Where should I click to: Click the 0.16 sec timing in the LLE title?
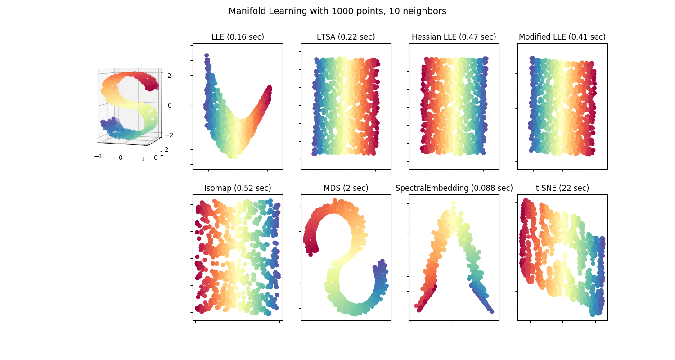247,37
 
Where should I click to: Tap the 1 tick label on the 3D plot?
143,158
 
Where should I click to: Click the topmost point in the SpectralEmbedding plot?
453,203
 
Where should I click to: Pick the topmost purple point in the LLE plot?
207,55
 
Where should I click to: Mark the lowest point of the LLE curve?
232,156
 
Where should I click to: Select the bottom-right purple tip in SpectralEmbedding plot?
491,311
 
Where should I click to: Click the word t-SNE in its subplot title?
545,188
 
